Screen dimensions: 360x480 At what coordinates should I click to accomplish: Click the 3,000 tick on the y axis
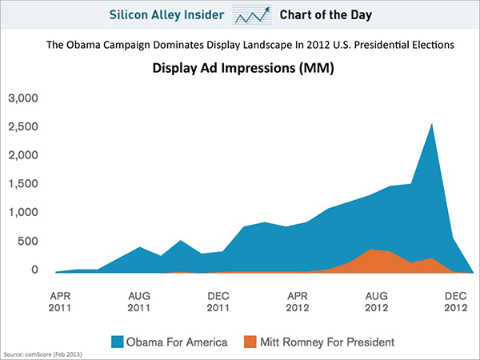(24, 98)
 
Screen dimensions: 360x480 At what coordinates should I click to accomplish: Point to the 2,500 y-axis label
(24, 127)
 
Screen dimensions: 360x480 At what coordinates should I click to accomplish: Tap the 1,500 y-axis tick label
(24, 184)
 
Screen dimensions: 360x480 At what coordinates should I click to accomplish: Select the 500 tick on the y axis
(29, 241)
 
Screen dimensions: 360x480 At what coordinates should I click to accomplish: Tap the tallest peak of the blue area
(432, 124)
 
